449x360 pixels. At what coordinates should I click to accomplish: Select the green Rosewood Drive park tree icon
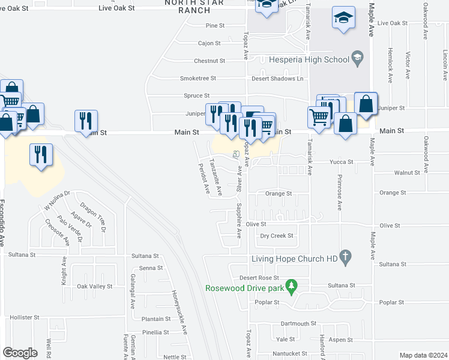tap(292, 287)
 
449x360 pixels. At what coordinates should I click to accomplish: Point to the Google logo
tap(20, 353)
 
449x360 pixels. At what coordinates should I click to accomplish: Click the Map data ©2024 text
tap(423, 355)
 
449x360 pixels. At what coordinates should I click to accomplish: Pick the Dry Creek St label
tap(277, 236)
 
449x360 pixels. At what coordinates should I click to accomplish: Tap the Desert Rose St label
tap(259, 278)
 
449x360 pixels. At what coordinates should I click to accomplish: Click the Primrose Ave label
tap(339, 197)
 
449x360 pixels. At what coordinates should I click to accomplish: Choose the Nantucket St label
tap(291, 354)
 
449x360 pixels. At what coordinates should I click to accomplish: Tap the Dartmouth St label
tap(298, 323)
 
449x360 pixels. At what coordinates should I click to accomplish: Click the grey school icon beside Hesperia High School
tap(358, 59)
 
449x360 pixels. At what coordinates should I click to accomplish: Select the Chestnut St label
tap(209, 61)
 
